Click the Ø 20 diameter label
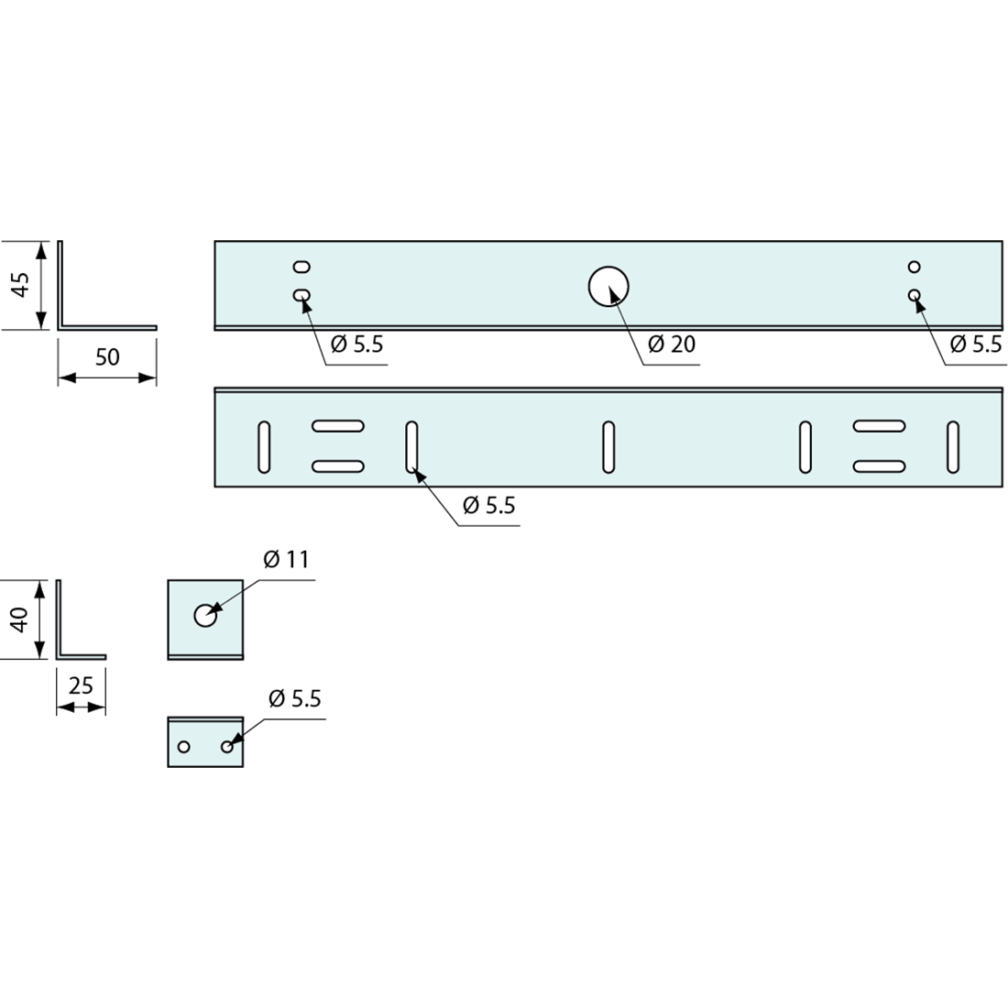[672, 344]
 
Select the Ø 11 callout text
[287, 559]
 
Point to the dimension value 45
[21, 285]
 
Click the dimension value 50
[107, 356]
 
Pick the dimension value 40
[20, 619]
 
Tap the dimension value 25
[81, 686]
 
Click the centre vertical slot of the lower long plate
[608, 447]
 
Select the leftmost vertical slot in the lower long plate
[264, 447]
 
